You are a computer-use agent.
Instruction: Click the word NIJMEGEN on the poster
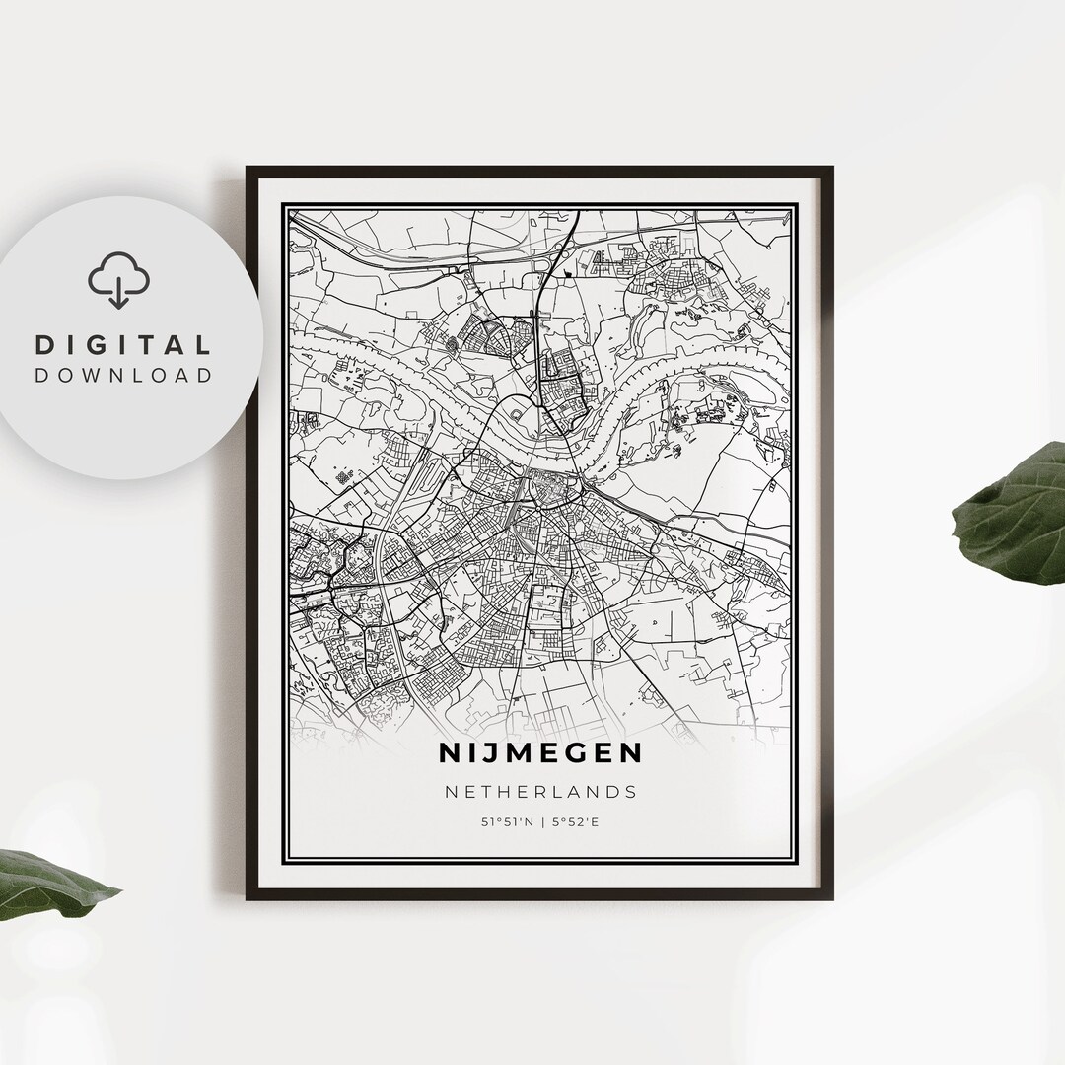pos(539,753)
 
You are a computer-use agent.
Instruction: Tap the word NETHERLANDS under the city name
pos(539,791)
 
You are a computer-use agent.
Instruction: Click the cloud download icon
pos(118,280)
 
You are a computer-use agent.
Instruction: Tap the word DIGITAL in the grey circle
pos(123,345)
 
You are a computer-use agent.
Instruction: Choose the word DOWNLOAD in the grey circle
pos(123,375)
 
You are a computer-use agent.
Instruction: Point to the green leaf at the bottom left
pos(49,883)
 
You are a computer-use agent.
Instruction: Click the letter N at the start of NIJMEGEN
pos(450,753)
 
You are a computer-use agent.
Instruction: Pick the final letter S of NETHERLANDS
pos(630,791)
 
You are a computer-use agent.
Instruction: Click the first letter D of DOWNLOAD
pos(42,375)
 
